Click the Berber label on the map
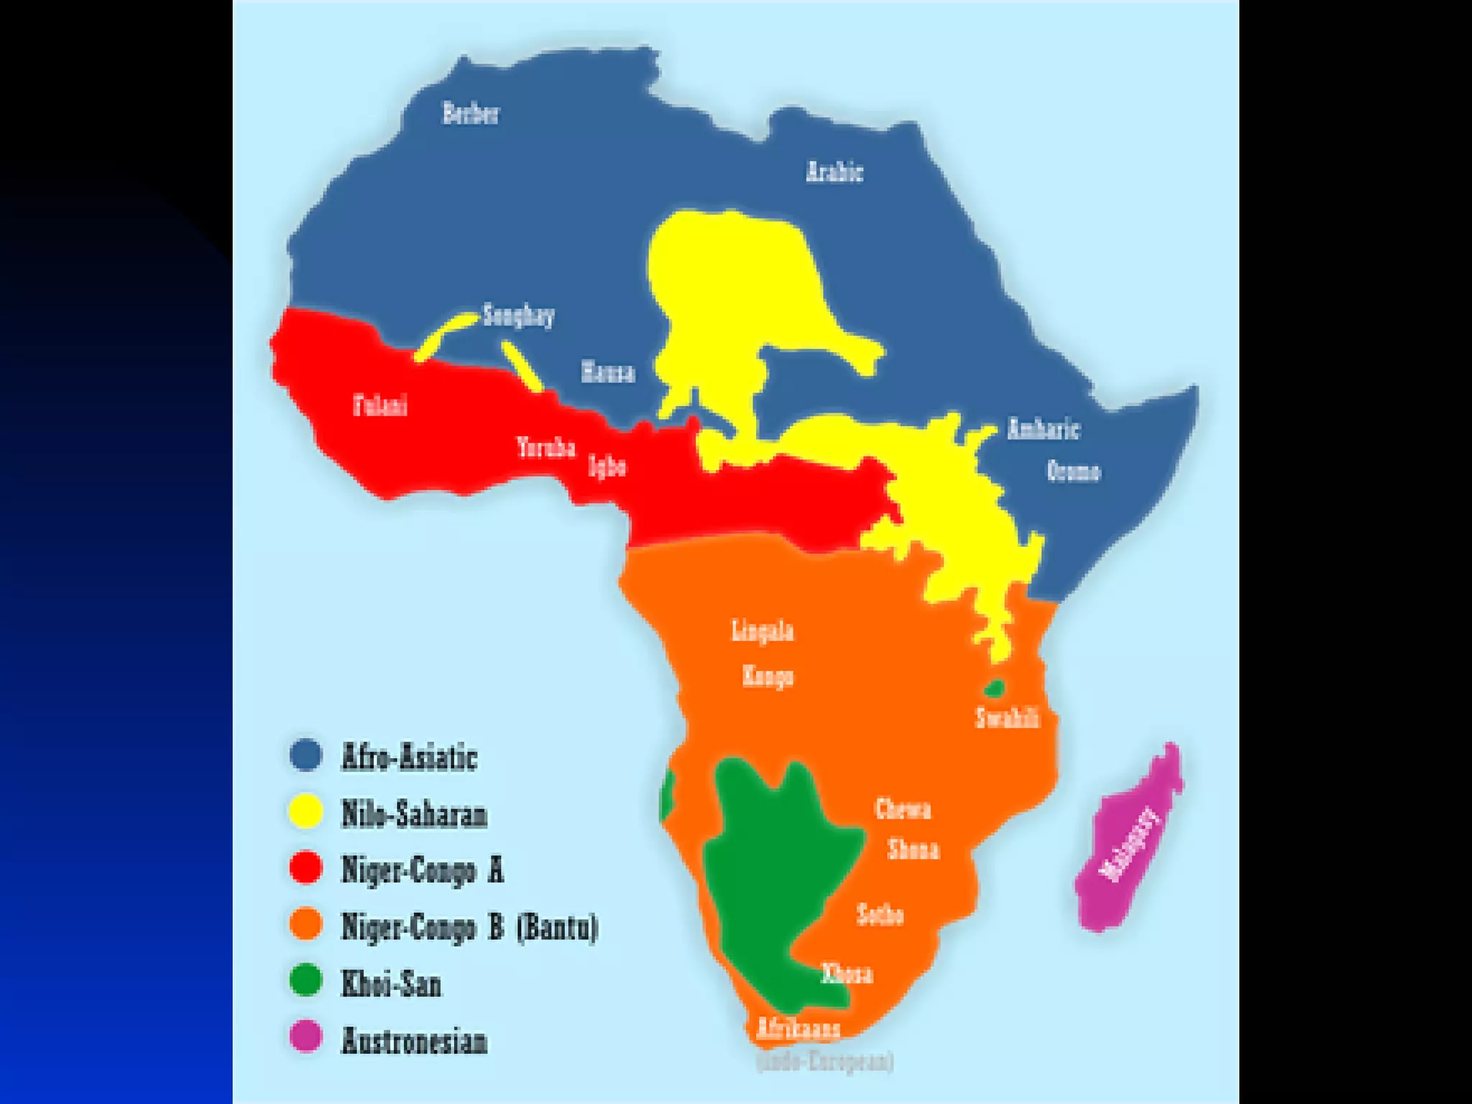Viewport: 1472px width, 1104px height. tap(470, 114)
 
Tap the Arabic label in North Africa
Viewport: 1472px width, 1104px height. tap(834, 172)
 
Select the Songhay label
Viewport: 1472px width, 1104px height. tap(518, 316)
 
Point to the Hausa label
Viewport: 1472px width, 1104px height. tap(608, 372)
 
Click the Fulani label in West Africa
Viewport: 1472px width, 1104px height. tap(380, 405)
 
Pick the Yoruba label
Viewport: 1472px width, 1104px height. tap(546, 448)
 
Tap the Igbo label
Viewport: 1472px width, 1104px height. tap(607, 466)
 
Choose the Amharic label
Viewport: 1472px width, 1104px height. tap(1043, 429)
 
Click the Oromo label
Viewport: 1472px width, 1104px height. tap(1073, 471)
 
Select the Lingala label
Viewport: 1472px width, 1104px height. tap(763, 631)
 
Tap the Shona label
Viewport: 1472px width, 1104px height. tap(914, 850)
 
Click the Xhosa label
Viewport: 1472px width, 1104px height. tap(847, 974)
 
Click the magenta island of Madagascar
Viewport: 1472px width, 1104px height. tap(1128, 841)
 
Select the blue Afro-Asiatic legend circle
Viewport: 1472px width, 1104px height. tap(305, 755)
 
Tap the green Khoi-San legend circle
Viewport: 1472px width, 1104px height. tap(305, 981)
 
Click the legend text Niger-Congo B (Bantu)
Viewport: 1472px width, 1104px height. tap(469, 926)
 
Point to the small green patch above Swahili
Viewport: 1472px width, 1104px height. tap(994, 689)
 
